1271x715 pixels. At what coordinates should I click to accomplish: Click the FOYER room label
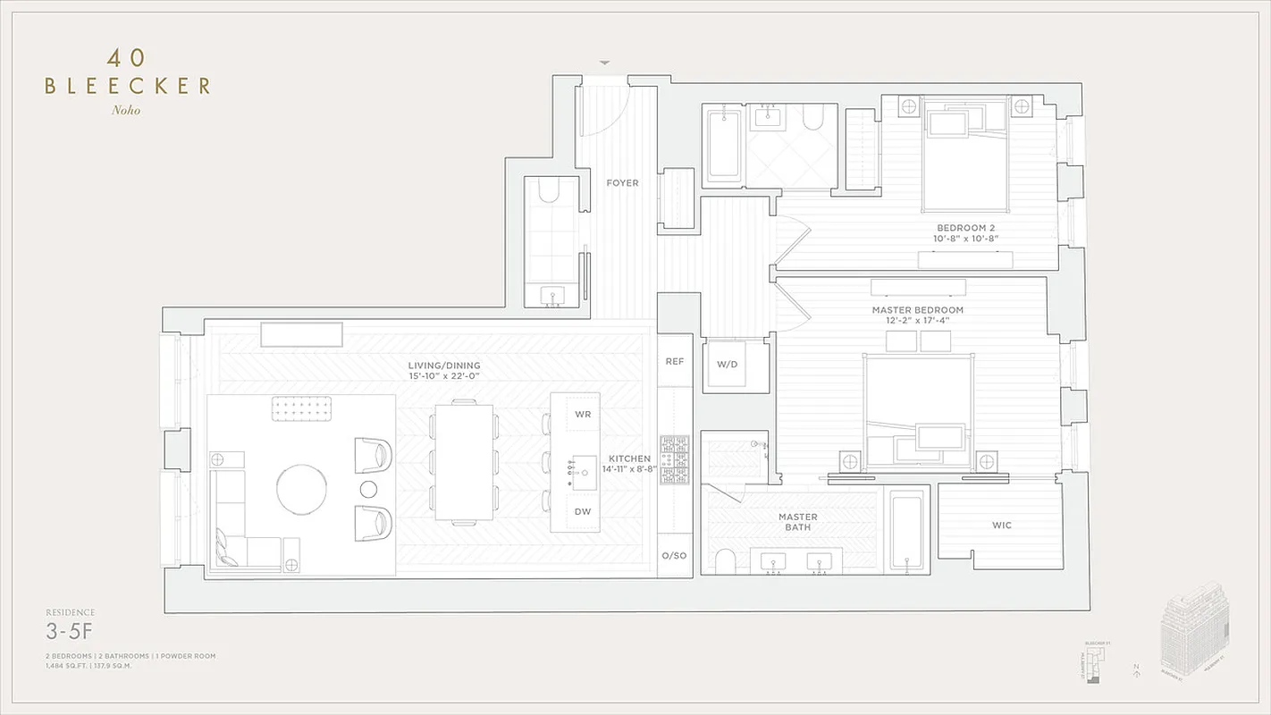622,183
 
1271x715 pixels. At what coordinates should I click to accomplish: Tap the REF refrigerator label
674,361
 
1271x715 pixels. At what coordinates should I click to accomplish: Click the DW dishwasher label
583,512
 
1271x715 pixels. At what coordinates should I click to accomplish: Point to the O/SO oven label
674,556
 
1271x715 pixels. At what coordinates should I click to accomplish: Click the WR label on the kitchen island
583,415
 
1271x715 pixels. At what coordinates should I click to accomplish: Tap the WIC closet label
1001,526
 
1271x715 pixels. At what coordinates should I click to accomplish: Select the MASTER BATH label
797,523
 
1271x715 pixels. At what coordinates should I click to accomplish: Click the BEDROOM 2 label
967,228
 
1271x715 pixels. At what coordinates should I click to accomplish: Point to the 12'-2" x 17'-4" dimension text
917,320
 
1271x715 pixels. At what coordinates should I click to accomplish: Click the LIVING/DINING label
444,366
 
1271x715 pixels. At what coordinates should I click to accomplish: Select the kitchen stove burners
674,460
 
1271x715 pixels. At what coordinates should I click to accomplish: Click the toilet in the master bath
726,561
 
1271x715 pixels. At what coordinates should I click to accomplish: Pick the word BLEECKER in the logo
127,86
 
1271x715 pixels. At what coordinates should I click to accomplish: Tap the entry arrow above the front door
605,63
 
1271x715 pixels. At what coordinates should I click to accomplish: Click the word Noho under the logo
126,111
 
